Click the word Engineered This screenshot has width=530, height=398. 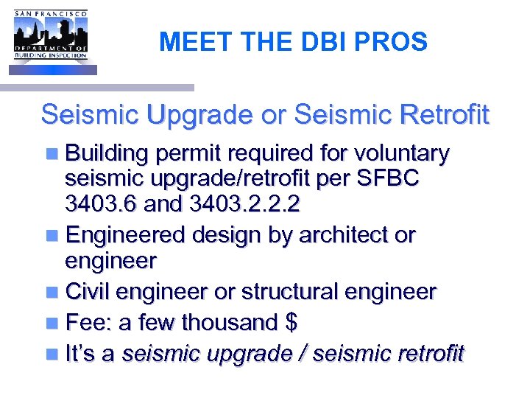[126, 236]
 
